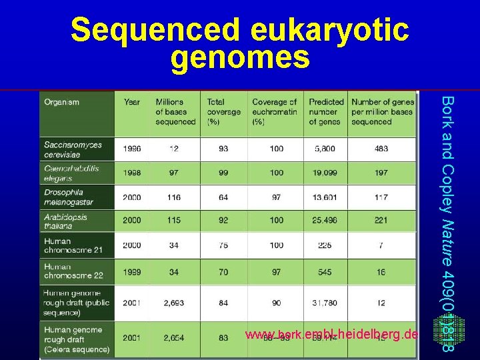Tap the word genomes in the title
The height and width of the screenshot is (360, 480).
pyautogui.click(x=240, y=58)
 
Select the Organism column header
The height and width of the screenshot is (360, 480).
pyautogui.click(x=62, y=102)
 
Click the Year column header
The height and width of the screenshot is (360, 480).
pyautogui.click(x=132, y=102)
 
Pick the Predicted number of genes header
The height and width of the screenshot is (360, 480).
pyautogui.click(x=326, y=111)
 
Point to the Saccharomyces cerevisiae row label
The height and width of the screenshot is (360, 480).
pyautogui.click(x=73, y=149)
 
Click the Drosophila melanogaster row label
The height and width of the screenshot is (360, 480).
pyautogui.click(x=69, y=197)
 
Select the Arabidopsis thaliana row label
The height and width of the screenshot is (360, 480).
pyautogui.click(x=65, y=221)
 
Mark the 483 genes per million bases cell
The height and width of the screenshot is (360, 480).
pyautogui.click(x=381, y=149)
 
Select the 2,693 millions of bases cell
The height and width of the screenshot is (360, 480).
pyautogui.click(x=174, y=303)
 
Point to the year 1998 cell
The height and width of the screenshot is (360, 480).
pyautogui.click(x=132, y=173)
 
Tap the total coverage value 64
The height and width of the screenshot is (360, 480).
pyautogui.click(x=223, y=197)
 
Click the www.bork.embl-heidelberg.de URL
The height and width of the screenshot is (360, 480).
pyautogui.click(x=331, y=335)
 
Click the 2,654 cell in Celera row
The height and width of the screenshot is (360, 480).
pyautogui.click(x=174, y=339)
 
